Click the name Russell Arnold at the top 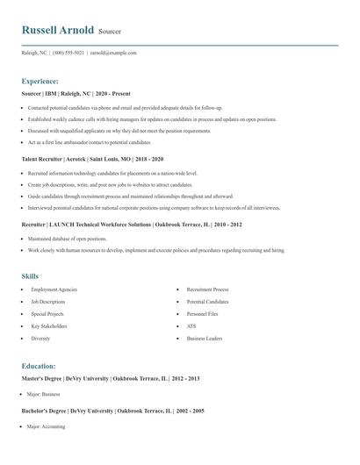58,30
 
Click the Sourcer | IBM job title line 76,93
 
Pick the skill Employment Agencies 54,289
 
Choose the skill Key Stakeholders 49,325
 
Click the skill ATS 191,325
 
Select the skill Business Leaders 204,338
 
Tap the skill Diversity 40,338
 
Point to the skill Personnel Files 204,313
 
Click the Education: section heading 39,365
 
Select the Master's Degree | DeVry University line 111,378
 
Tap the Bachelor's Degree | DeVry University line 112,411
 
